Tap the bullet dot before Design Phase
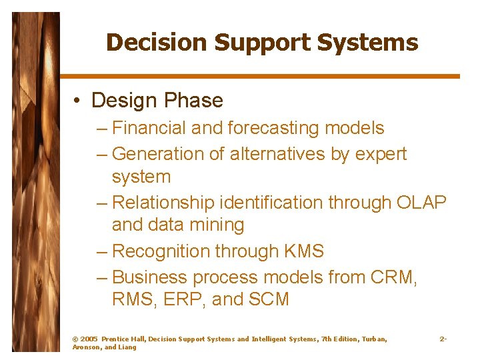[78, 101]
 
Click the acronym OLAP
[421, 202]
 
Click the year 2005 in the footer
[89, 339]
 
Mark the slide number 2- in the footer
[443, 339]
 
